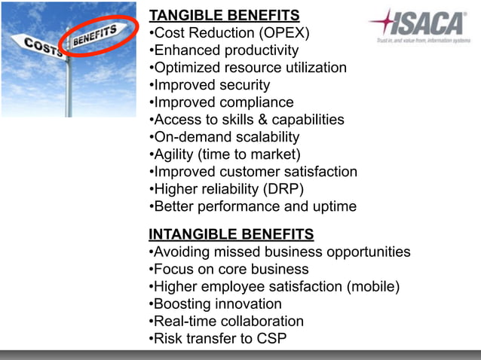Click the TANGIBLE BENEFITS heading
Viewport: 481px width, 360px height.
coord(224,16)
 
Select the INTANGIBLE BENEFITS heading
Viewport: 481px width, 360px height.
coord(231,234)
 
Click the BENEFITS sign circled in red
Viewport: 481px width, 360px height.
coord(94,35)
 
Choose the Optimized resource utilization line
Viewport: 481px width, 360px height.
coord(248,68)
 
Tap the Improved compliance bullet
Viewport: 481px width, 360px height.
coord(222,102)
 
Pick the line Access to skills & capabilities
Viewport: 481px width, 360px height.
coord(247,120)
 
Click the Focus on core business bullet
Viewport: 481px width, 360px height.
coord(229,269)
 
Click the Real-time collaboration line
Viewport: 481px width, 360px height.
coord(227,321)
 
